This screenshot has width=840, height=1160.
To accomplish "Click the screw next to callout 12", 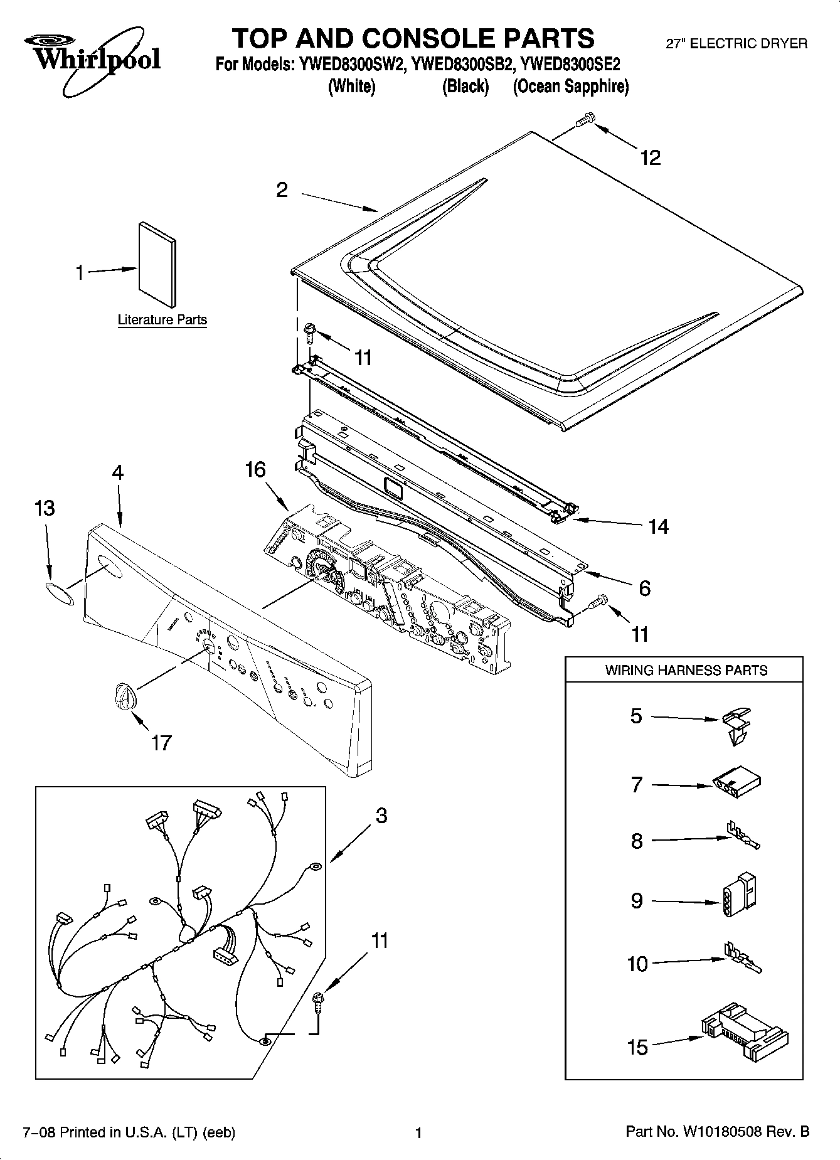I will click(x=585, y=119).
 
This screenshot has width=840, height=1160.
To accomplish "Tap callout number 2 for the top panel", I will click(x=282, y=189).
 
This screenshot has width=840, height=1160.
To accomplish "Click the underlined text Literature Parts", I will click(x=162, y=320).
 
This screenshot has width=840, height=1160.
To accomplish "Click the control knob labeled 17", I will click(x=124, y=698).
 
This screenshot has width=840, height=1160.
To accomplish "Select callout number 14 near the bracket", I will click(x=659, y=526).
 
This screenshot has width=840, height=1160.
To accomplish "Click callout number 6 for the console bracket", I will click(x=644, y=588).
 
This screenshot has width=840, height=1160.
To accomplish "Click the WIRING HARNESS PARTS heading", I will click(x=686, y=670).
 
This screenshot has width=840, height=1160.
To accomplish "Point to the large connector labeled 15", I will click(x=745, y=1030).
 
